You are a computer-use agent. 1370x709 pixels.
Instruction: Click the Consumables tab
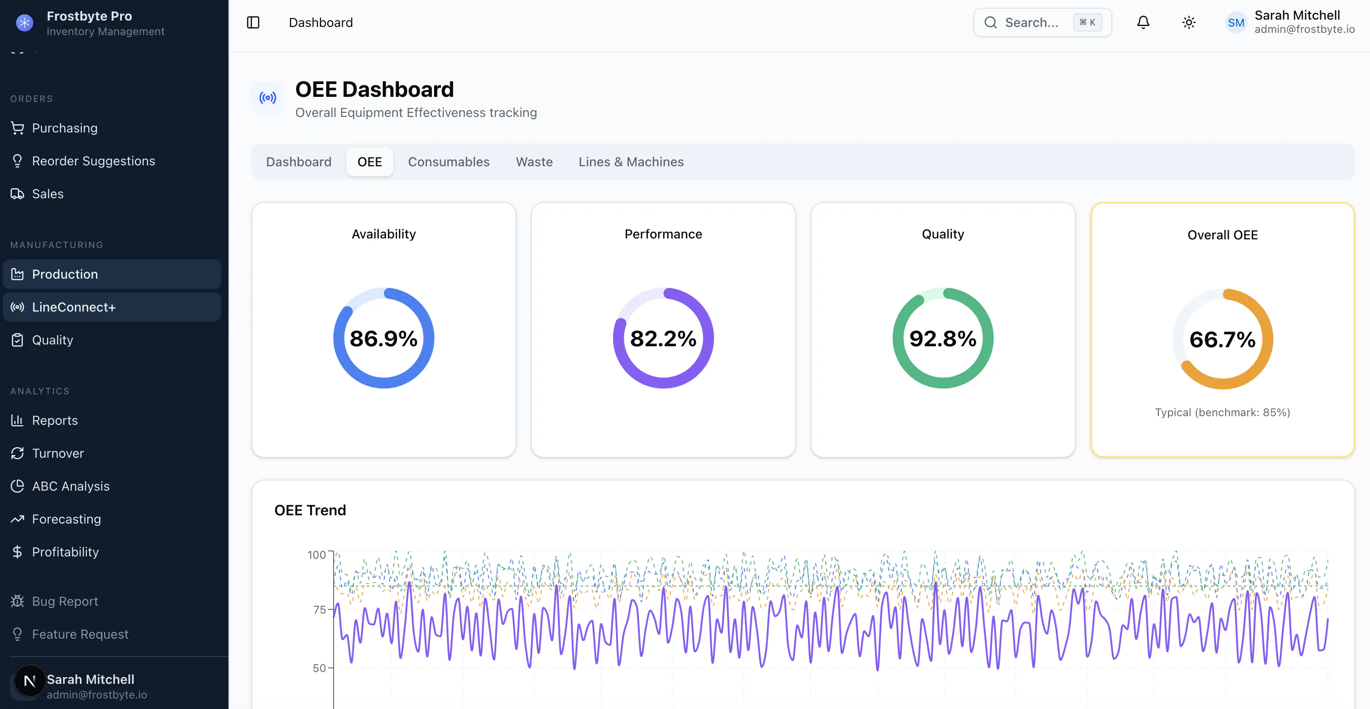click(448, 162)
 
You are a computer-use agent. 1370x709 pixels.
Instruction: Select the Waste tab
click(534, 162)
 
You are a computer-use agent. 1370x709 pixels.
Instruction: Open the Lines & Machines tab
click(631, 162)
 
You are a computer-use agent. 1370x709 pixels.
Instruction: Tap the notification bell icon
click(1143, 22)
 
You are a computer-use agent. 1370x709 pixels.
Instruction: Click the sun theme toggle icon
click(1189, 22)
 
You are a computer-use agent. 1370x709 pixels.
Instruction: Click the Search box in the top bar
click(1042, 22)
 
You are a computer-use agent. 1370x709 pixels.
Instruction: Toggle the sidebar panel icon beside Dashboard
click(253, 22)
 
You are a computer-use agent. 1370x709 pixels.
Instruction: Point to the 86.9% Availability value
click(383, 339)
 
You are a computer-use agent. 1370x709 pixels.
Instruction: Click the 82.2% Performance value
click(663, 339)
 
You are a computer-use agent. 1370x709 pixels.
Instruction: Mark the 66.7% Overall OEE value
click(1222, 339)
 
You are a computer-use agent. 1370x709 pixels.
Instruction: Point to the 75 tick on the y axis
click(319, 609)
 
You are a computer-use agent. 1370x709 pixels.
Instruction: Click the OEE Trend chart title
click(310, 510)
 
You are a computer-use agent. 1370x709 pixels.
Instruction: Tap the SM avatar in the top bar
click(1236, 22)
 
